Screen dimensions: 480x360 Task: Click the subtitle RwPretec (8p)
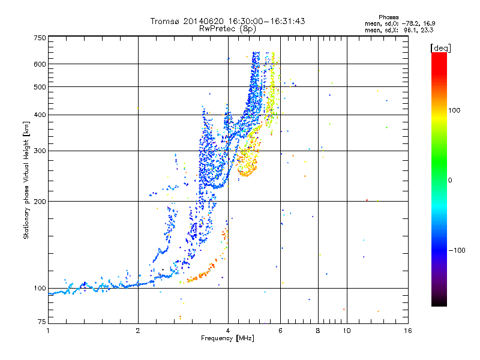227,29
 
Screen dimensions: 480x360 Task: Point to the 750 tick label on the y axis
40,38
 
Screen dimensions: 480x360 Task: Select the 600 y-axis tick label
40,64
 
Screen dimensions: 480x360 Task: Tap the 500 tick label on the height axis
40,87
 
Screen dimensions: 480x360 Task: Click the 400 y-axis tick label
40,115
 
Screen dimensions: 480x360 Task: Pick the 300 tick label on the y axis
40,151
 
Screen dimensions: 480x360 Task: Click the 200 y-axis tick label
40,202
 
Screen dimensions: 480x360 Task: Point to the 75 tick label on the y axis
42,322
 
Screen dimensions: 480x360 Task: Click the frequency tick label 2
138,331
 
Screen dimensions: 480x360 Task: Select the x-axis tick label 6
280,331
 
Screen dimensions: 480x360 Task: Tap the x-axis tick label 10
347,331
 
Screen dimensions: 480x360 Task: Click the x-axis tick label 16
408,331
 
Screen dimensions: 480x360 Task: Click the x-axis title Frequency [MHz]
227,338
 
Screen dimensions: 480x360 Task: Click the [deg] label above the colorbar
440,48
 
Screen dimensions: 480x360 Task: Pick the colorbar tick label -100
457,250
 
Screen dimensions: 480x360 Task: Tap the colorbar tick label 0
450,181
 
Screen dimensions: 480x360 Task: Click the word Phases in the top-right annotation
388,17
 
